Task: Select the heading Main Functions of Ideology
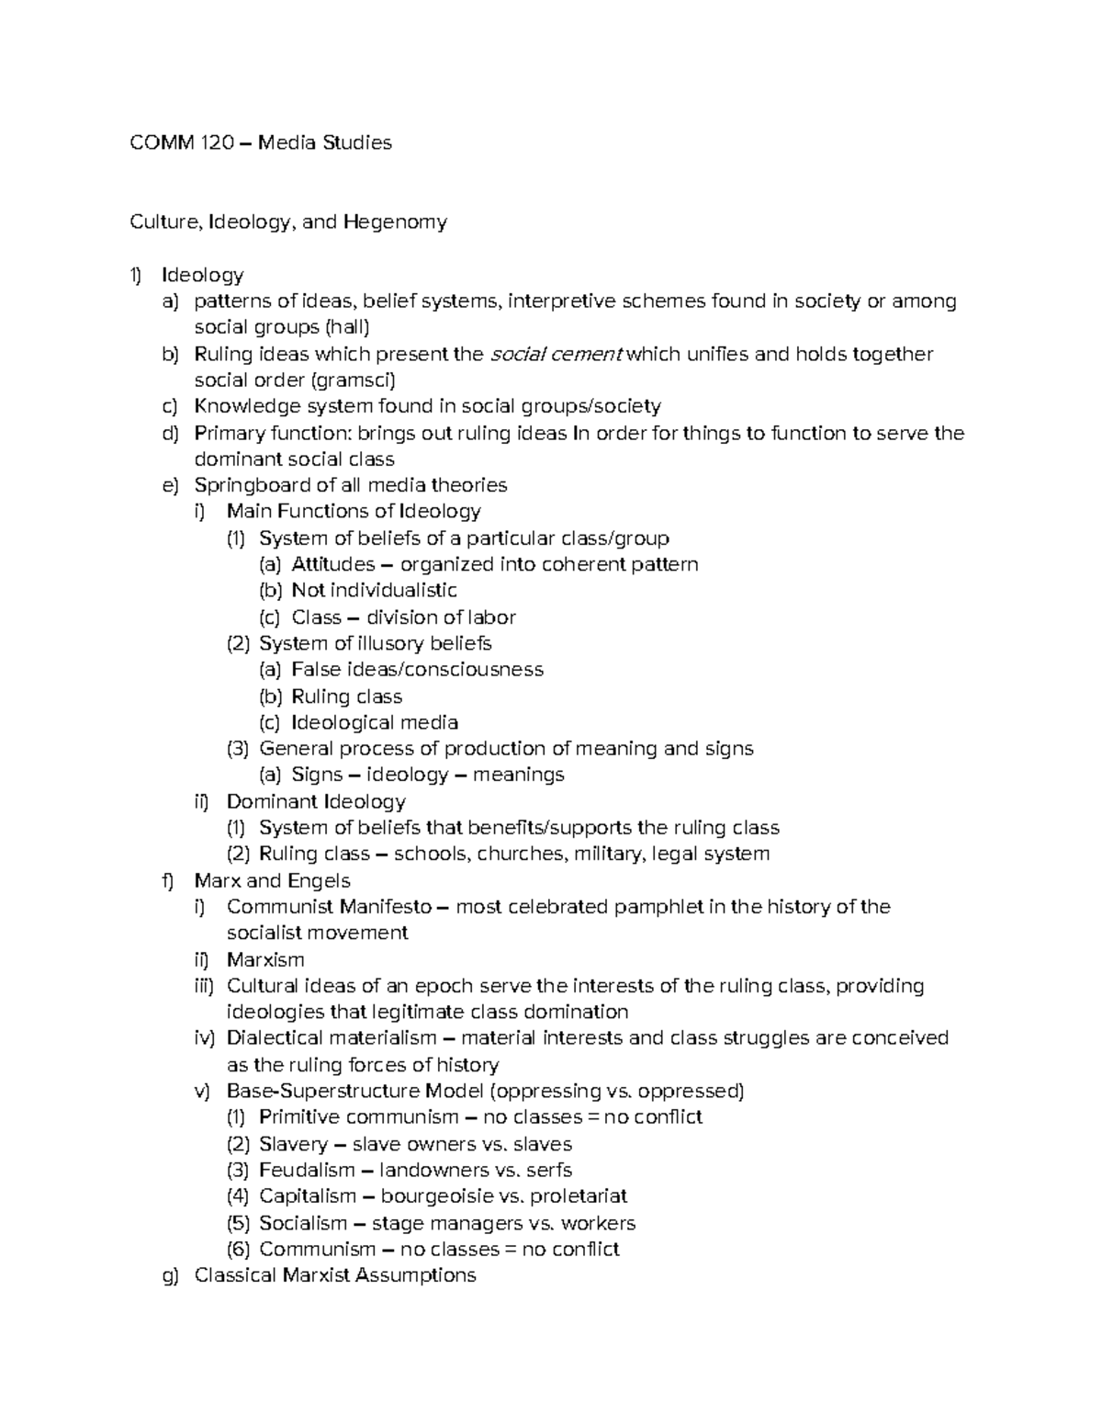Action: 354,512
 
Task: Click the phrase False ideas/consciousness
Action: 417,670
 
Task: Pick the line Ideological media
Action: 375,723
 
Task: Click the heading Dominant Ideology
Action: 316,802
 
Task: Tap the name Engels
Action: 318,881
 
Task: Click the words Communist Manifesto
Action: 329,908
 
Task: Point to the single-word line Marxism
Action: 265,960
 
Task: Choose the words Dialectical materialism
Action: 332,1039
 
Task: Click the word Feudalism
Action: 307,1171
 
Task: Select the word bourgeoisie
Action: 436,1197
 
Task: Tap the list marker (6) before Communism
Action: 237,1250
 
